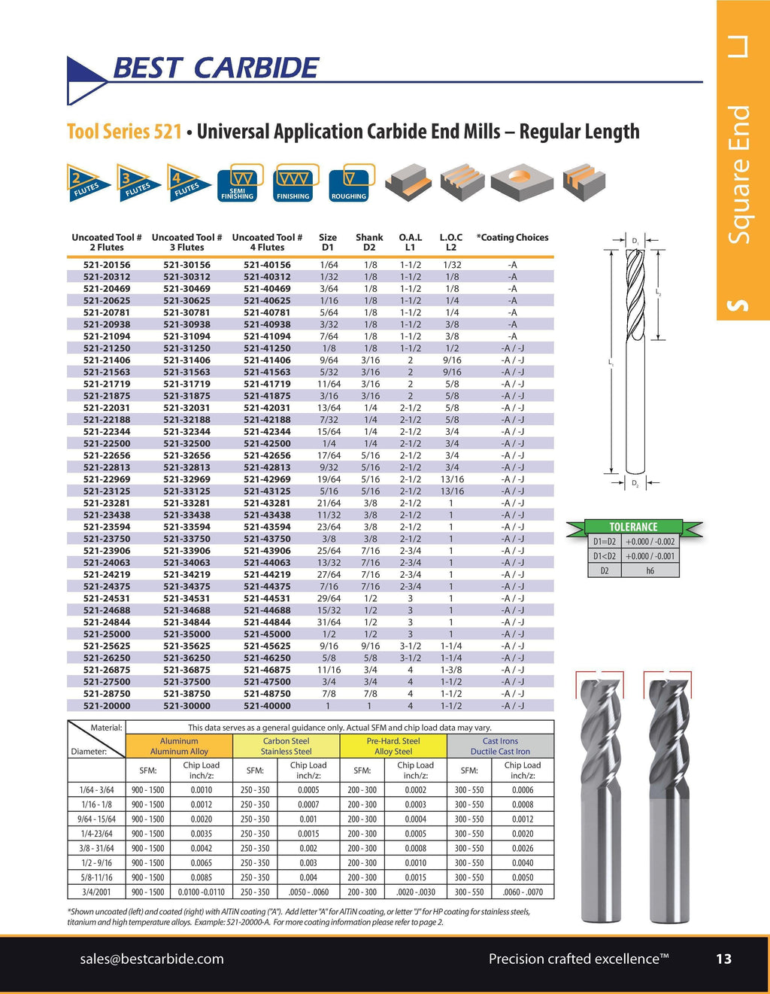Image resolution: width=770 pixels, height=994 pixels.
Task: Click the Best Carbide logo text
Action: pos(215,68)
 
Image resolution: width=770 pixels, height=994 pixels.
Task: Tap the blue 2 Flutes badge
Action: pos(85,182)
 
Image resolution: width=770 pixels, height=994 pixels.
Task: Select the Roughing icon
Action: pos(348,182)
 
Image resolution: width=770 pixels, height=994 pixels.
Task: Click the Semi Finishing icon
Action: pos(238,182)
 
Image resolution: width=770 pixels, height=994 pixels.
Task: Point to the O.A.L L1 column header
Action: pos(410,242)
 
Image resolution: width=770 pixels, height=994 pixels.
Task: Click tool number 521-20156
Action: pos(107,265)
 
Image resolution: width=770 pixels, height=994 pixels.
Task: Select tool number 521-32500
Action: pos(186,444)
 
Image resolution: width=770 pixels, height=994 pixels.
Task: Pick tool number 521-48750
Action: pos(267,694)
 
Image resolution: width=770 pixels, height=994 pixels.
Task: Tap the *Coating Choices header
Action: pos(512,238)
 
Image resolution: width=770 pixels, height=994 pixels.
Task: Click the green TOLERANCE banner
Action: pos(633,527)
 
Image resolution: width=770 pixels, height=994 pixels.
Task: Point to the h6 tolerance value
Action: pos(650,570)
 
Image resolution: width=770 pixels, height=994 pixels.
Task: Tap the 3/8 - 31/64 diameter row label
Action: pos(96,848)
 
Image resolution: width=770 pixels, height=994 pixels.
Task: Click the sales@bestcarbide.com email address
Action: pos(152,959)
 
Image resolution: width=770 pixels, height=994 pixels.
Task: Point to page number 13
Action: pos(723,959)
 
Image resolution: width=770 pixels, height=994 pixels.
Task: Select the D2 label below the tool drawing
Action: pos(635,484)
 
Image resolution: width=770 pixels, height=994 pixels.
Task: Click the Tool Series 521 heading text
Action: pos(125,132)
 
